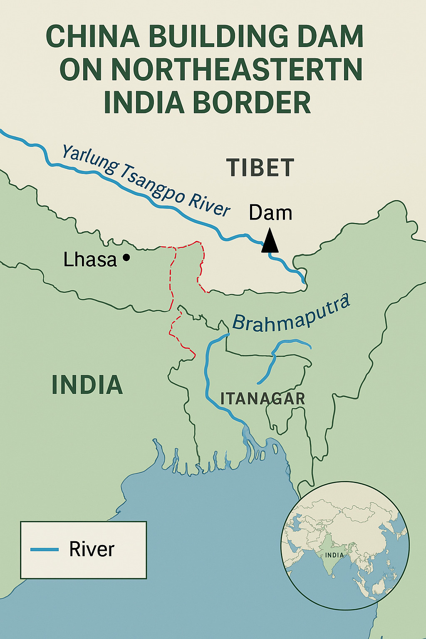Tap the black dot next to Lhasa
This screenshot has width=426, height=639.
(126, 258)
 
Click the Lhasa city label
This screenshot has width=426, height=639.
(90, 260)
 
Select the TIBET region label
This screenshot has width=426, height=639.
(260, 168)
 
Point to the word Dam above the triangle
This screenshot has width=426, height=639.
(270, 213)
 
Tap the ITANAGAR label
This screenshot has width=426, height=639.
(263, 399)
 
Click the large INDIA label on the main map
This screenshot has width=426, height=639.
(87, 385)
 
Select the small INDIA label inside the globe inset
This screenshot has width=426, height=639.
(334, 555)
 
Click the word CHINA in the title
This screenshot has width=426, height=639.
(93, 37)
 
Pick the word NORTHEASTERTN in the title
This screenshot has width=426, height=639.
(237, 69)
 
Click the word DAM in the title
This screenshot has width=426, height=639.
(331, 37)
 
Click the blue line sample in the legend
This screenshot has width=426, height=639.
(45, 550)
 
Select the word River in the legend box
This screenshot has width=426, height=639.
(92, 549)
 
